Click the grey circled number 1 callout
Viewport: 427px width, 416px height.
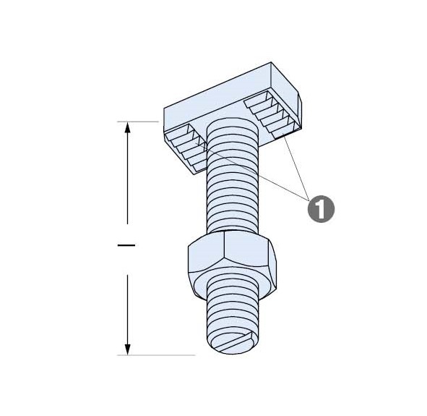(321, 209)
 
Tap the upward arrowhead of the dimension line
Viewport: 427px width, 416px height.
(127, 127)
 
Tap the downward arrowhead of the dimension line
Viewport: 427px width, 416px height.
(127, 349)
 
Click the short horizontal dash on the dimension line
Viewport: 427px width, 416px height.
(126, 245)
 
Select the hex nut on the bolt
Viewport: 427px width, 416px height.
(232, 266)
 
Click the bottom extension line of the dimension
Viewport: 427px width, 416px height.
(156, 355)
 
